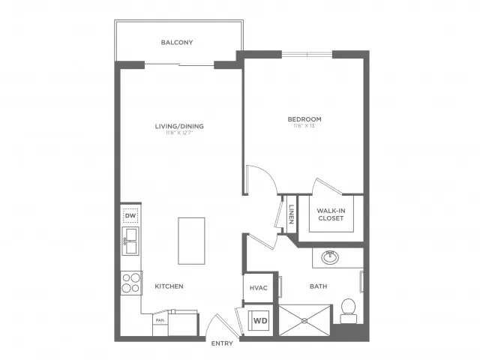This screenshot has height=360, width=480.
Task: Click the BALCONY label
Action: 177,43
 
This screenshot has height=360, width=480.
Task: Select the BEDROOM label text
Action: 304,119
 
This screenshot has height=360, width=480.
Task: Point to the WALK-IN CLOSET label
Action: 331,214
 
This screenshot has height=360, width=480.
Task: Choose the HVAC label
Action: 259,288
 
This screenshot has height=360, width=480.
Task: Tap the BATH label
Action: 319,286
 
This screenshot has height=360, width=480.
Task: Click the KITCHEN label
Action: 169,286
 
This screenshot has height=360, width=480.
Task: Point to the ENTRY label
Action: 223,343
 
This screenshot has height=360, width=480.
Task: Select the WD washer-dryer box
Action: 260,321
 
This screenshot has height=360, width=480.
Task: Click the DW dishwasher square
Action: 130,217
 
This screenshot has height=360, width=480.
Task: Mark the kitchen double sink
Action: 130,241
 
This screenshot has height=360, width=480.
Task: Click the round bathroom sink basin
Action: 329,257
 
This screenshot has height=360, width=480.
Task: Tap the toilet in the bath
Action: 347,307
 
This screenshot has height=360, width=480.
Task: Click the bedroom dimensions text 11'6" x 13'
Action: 304,127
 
